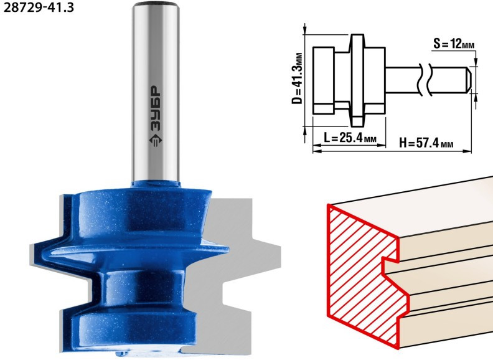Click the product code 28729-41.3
[x=39, y=7]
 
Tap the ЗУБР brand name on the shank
[x=156, y=108]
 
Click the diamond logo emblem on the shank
[x=156, y=141]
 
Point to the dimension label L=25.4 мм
[x=350, y=138]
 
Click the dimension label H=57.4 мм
[x=426, y=143]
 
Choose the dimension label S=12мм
[x=453, y=44]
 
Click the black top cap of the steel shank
[x=155, y=4]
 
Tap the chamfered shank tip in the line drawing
[x=468, y=80]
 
